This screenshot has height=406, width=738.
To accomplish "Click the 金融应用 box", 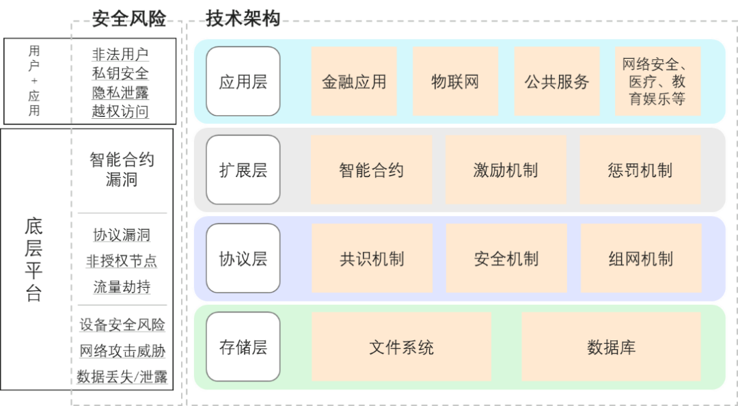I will click(x=354, y=81).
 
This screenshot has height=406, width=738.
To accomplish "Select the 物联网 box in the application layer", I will click(x=455, y=81).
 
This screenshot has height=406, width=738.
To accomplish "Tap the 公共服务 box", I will click(x=557, y=81).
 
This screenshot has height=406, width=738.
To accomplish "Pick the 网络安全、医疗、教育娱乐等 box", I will click(x=657, y=81).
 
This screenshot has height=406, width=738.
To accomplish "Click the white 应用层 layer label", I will click(x=243, y=81).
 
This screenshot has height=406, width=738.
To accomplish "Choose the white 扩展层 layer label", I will click(x=243, y=170).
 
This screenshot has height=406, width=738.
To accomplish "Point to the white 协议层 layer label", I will click(x=243, y=258).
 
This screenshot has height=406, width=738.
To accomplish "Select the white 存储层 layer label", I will click(x=243, y=347).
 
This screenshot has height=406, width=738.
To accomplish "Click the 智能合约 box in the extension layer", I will click(x=372, y=170).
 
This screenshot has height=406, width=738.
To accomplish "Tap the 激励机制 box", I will click(x=506, y=170).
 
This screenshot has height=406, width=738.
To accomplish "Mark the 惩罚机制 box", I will click(x=640, y=170).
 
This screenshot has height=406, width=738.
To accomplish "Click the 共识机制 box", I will click(x=372, y=258).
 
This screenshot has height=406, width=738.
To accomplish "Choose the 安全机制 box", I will click(x=506, y=258).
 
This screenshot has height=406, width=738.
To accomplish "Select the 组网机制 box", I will click(x=640, y=258).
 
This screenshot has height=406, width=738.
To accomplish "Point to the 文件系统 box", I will click(x=402, y=347).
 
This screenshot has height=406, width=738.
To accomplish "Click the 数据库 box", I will click(x=611, y=347).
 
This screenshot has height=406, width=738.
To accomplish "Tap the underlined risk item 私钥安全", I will click(x=120, y=73).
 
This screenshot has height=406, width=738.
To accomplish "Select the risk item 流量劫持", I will click(x=122, y=287).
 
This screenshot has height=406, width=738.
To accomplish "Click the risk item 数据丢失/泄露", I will click(x=122, y=377).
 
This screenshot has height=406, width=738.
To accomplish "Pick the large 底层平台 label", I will click(x=34, y=260).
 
